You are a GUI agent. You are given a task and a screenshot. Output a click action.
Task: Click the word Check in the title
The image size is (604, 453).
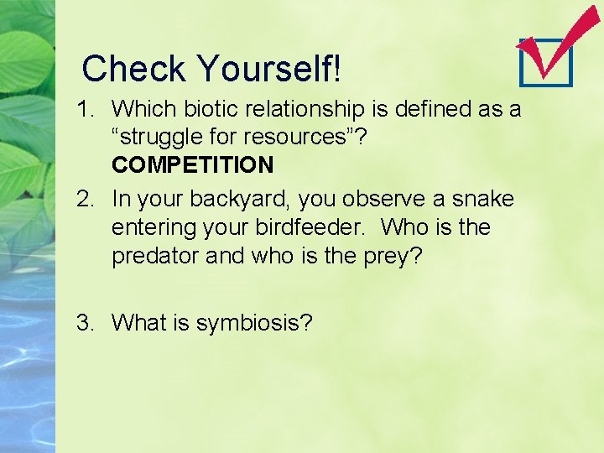135,69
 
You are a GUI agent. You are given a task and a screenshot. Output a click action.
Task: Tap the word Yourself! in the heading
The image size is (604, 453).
268,69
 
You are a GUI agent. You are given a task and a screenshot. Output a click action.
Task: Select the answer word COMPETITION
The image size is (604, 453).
192,164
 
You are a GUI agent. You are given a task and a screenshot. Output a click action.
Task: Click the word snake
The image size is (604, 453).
481,199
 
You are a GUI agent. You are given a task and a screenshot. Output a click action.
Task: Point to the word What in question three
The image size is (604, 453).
137,322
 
